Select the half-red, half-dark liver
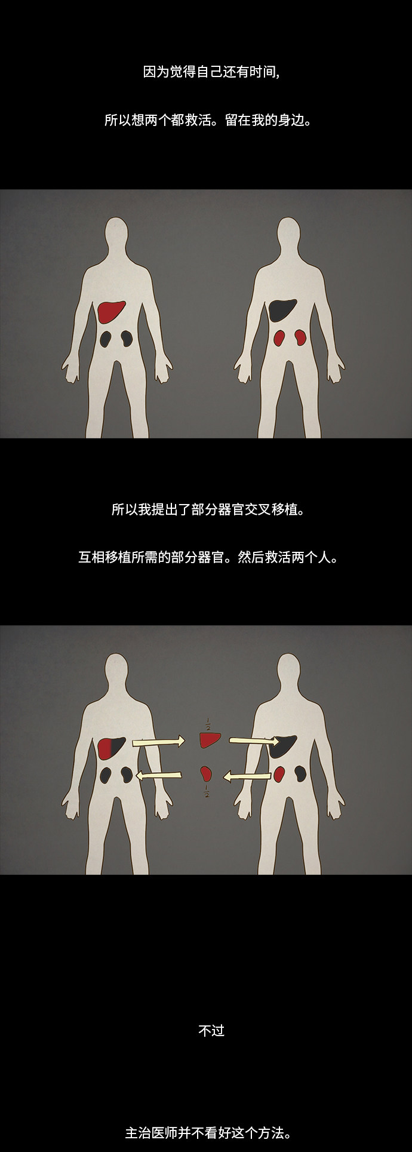pos(111,748)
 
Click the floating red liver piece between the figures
pos(210,740)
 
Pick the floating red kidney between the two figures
pos(206,774)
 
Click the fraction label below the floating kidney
pos(207,792)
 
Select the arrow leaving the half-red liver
pos(159,742)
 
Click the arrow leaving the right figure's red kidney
pos(247,776)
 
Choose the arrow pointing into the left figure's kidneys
pos(159,775)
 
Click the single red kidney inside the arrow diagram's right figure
pos(279,774)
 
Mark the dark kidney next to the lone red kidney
pos(300,774)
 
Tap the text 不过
pos(211,1031)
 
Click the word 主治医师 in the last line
pos(151,1133)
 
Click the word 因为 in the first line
pos(156,72)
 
